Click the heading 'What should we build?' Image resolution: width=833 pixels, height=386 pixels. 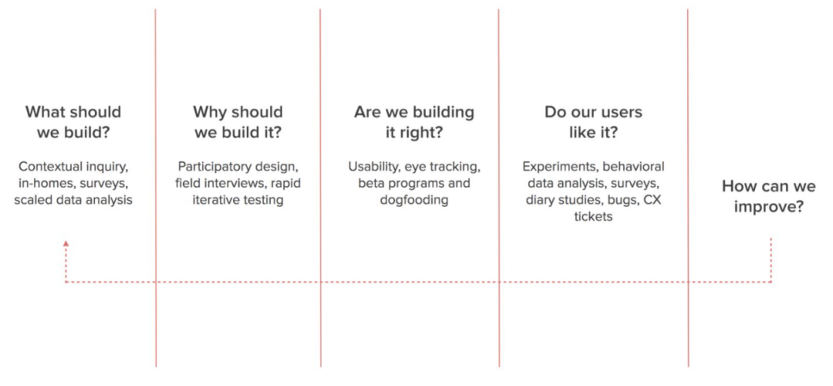point(73,122)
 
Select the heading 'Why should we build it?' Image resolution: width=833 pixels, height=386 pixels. point(238,122)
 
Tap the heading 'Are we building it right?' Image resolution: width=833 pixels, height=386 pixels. point(414,122)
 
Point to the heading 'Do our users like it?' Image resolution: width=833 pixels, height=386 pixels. point(593,122)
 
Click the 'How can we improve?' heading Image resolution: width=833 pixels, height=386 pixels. point(769,196)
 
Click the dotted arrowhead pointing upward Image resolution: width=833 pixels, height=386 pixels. point(66,243)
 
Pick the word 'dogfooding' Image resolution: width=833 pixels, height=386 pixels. point(414,201)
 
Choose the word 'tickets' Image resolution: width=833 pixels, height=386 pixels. point(593,217)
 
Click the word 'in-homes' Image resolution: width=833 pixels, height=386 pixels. point(40,184)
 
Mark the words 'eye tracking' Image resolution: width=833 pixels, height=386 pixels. point(442,167)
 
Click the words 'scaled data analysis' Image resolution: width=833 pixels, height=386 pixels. point(73,201)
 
